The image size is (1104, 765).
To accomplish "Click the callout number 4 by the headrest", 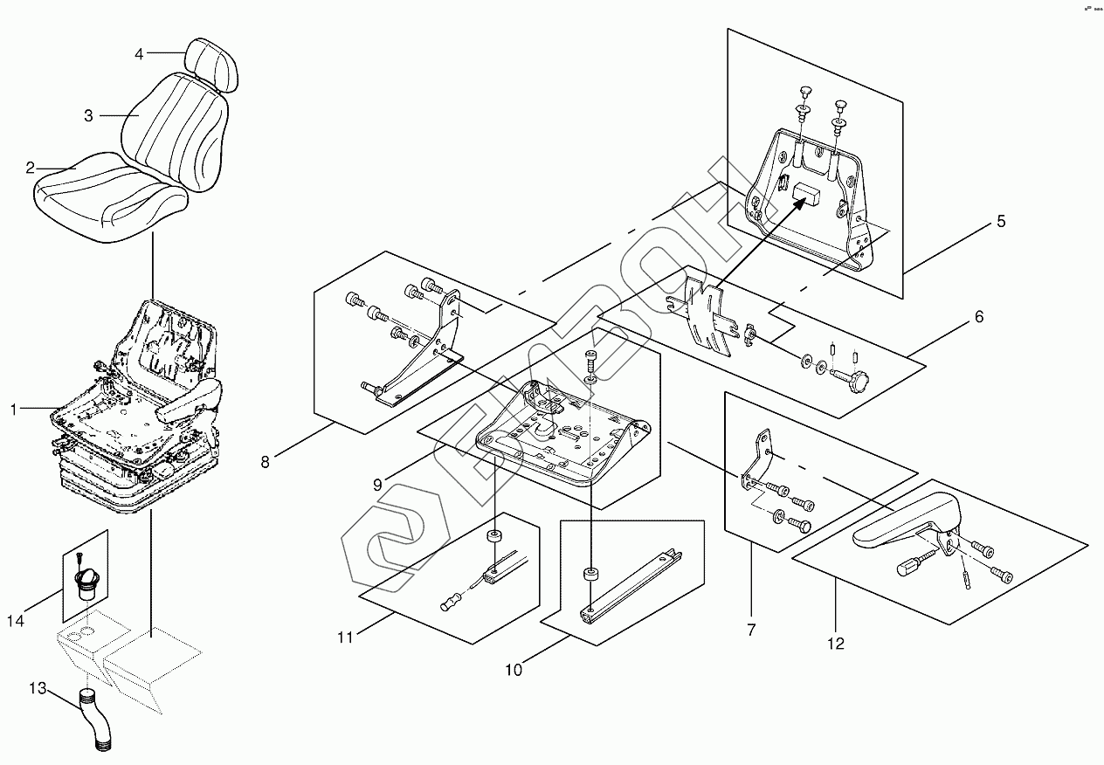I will (139, 54).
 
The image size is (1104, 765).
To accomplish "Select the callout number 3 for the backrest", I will (89, 115).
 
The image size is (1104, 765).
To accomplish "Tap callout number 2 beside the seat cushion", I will (31, 167).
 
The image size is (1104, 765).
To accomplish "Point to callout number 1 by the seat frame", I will (13, 409).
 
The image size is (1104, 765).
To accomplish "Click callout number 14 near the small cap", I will (16, 621).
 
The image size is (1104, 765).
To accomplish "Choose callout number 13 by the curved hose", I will (37, 689).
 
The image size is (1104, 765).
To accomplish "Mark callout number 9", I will (377, 484).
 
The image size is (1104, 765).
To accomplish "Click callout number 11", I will (346, 637).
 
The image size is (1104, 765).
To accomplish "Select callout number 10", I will (514, 670).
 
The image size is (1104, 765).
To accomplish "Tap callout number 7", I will (751, 628).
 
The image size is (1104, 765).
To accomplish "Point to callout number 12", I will (836, 644).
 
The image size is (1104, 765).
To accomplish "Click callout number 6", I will (979, 317).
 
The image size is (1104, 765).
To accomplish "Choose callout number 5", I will (1001, 222).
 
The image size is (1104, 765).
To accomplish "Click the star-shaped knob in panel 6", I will (862, 382).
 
